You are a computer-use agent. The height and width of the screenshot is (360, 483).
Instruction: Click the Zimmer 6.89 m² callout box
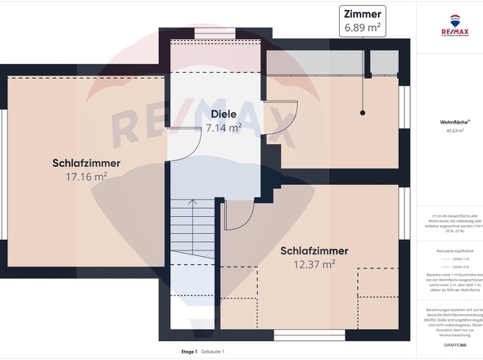pos(363,21)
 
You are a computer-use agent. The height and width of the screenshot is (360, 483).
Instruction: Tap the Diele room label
pos(223,115)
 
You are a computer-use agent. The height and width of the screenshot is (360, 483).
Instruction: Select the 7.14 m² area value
pos(223,128)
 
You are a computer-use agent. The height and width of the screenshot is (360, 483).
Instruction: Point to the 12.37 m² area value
pos(314,263)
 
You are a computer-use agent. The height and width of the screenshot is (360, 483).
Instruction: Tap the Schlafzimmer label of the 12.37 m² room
pos(314,250)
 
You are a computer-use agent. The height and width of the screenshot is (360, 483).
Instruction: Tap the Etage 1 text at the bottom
pos(190,352)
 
